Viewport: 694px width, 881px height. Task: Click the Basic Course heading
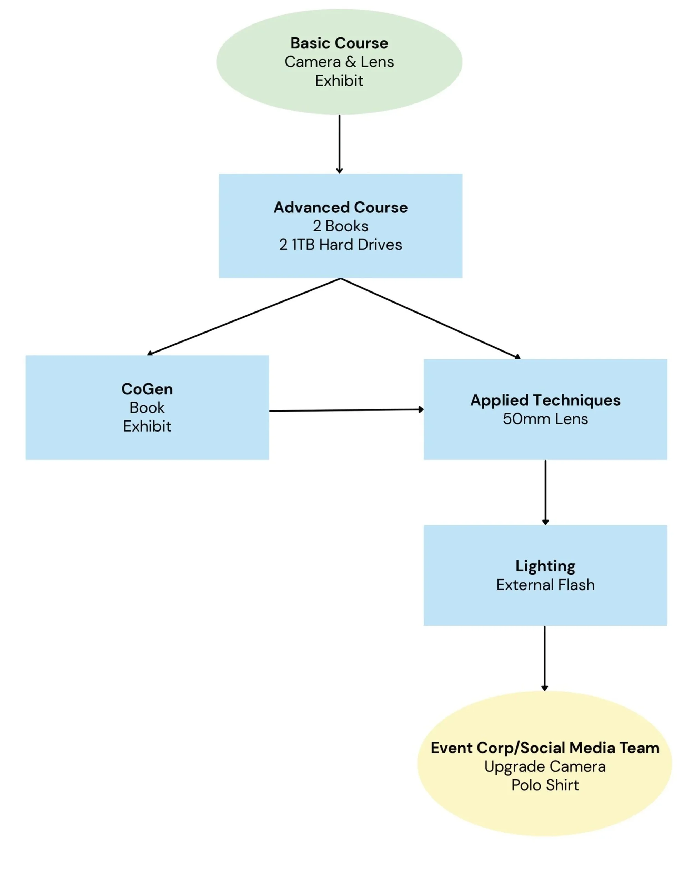click(x=339, y=43)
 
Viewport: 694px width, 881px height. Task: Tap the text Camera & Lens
click(x=339, y=62)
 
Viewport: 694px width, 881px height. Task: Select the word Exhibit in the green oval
click(x=339, y=80)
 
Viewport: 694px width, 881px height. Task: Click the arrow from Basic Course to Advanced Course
click(x=339, y=144)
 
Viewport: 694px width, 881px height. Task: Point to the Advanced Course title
click(x=341, y=207)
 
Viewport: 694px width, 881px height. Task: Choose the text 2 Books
click(x=341, y=226)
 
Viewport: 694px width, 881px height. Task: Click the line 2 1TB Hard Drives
click(x=341, y=245)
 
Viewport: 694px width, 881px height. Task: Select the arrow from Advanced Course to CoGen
click(x=244, y=317)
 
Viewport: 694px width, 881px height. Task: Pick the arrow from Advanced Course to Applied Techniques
click(x=431, y=319)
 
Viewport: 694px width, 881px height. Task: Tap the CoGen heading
click(x=147, y=389)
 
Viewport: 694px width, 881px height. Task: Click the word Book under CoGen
click(x=147, y=407)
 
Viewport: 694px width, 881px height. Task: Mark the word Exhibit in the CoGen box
click(x=147, y=426)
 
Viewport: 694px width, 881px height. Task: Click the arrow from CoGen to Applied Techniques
click(x=346, y=410)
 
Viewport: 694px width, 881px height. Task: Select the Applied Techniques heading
click(x=545, y=400)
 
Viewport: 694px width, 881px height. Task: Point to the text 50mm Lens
click(x=545, y=419)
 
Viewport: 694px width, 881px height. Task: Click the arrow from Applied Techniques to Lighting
click(x=545, y=492)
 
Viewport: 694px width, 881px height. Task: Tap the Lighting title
click(x=545, y=566)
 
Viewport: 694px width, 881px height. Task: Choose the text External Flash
click(x=545, y=585)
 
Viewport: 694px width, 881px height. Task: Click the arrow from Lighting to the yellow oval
click(x=544, y=658)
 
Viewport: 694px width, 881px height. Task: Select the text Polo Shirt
click(x=545, y=785)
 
